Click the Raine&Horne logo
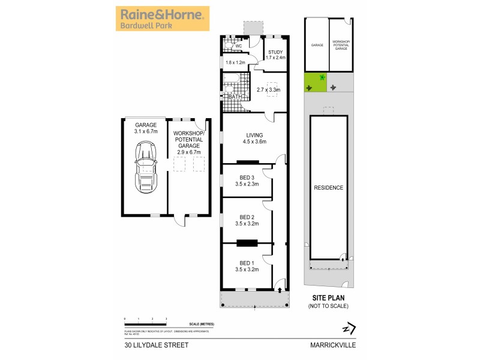[163, 19]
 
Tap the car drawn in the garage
[145, 169]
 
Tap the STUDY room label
[275, 52]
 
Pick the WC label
[238, 46]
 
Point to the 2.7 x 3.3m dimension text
[268, 90]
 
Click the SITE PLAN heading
[328, 298]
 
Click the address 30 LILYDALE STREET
[157, 345]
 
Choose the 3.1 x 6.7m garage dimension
[145, 132]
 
